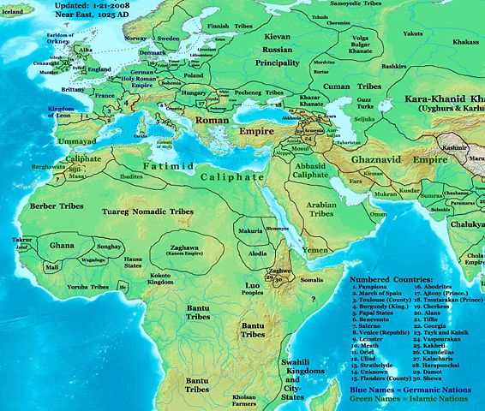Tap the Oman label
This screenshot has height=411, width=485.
click(x=378, y=213)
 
